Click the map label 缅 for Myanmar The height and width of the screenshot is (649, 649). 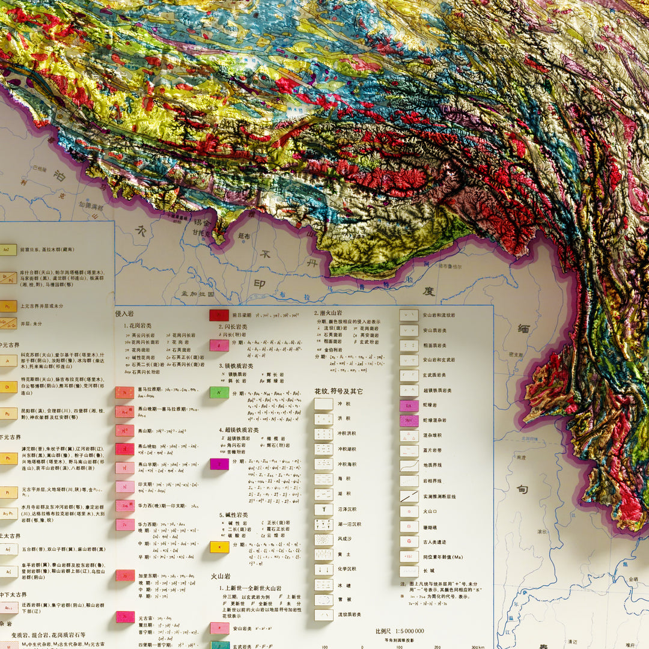point(523,329)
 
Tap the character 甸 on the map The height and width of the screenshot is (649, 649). point(522,489)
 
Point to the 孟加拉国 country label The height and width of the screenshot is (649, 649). point(198,294)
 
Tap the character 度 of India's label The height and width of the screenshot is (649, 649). point(428,291)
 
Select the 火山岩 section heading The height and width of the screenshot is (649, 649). point(221,576)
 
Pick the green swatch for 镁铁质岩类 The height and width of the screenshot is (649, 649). point(219,392)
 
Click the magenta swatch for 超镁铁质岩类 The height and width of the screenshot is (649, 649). point(219,464)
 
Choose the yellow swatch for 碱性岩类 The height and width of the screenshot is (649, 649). point(219,547)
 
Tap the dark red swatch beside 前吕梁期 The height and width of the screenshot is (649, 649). point(218,315)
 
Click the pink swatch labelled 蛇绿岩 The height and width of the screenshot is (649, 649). point(409,406)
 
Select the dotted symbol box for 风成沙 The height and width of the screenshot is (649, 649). point(323,540)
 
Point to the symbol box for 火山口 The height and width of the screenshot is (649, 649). point(409,511)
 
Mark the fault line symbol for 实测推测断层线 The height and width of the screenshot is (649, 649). point(409,496)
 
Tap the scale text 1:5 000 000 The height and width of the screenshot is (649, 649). point(400,631)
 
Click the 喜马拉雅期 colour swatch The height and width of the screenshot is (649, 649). point(124,392)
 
